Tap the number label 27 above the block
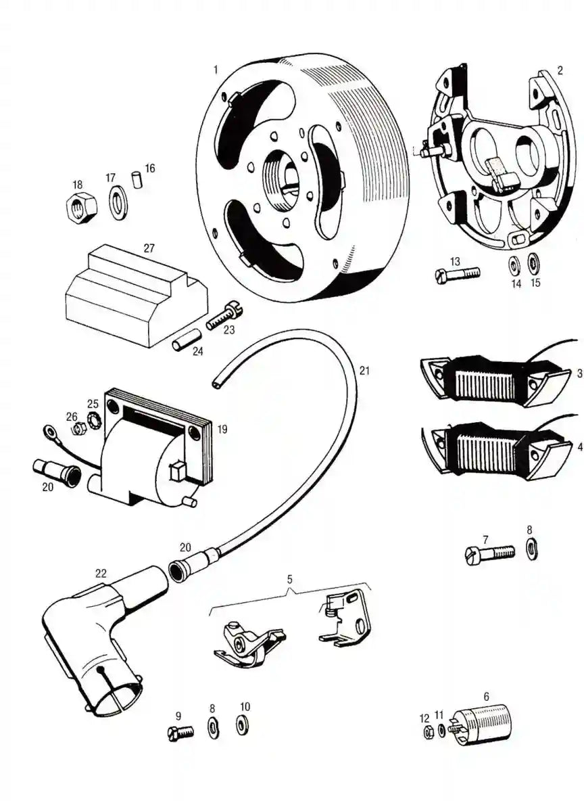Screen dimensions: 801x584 tap(149, 248)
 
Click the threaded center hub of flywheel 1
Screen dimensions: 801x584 tap(284, 174)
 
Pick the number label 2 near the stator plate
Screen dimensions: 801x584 tap(560, 70)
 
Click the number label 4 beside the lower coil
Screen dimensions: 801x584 tap(579, 447)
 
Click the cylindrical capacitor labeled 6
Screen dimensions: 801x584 tap(483, 724)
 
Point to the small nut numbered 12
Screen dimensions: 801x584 tap(427, 733)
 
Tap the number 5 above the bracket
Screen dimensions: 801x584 tap(290, 580)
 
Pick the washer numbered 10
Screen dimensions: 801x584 tap(243, 725)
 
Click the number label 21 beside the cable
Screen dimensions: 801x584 tap(365, 371)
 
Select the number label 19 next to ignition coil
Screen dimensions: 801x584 tap(222, 429)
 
